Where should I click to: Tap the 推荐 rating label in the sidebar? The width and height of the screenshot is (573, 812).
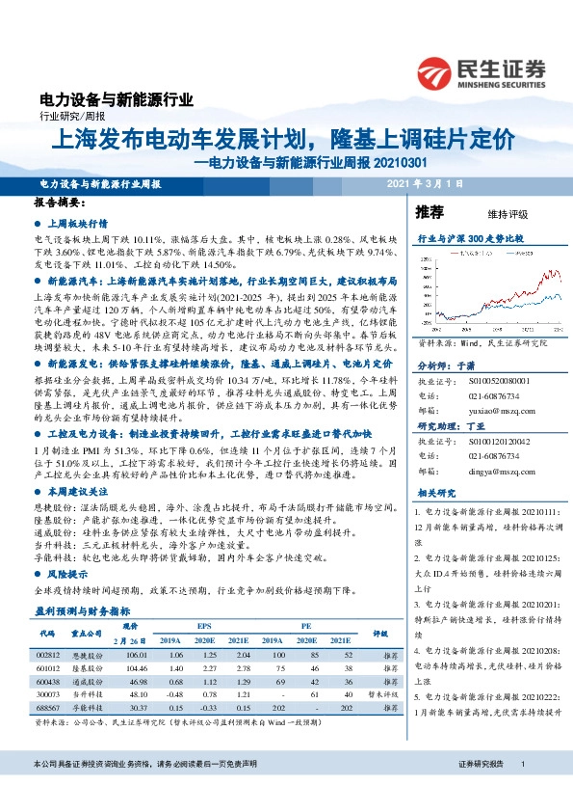(x=429, y=211)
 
